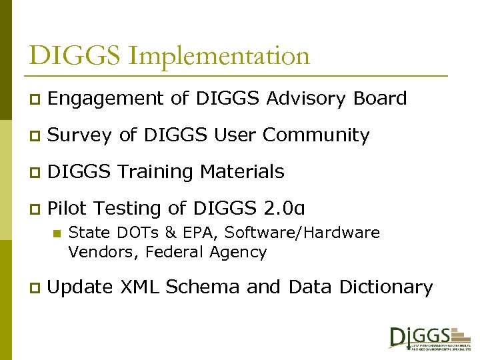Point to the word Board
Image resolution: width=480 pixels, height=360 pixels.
coord(380,99)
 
